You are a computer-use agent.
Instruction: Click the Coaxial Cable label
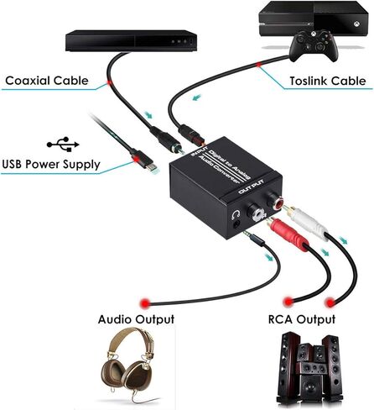(x=47, y=81)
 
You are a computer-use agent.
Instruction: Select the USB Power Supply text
(x=51, y=164)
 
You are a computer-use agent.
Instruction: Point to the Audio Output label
(x=136, y=319)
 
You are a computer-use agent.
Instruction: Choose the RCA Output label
(x=303, y=319)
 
